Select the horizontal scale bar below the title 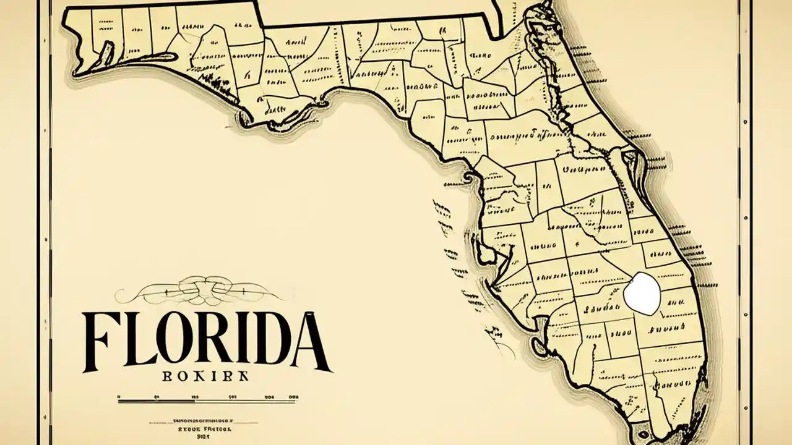(207, 402)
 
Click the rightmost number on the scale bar (293, 396)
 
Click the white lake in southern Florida (642, 293)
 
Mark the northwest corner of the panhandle (66, 9)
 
